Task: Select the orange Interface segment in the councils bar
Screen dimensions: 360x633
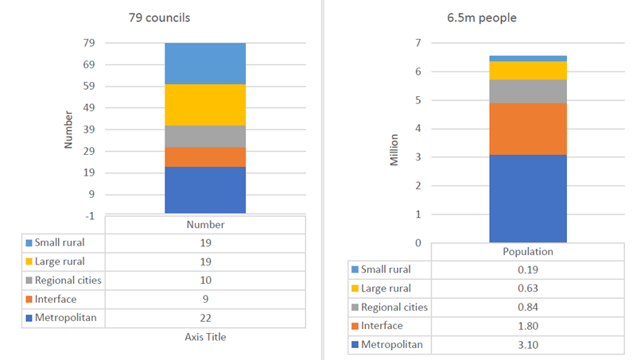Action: [205, 157]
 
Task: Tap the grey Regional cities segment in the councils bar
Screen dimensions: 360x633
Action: [205, 136]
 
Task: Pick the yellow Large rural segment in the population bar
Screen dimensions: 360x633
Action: [527, 70]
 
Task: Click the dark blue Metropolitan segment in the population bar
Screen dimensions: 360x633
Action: [527, 198]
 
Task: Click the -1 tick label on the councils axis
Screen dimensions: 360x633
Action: [88, 216]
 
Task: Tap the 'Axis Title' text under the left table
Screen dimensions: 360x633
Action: [205, 338]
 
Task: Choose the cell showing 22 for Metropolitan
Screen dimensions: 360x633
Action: [205, 318]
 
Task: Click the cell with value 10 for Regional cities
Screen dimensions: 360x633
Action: [205, 280]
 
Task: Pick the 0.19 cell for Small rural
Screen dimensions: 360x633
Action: [526, 269]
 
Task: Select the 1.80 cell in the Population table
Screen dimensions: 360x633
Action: [526, 326]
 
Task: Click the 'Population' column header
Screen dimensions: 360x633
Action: [526, 250]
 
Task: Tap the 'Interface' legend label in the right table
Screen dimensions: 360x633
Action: [382, 326]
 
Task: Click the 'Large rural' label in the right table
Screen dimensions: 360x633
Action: [387, 288]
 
